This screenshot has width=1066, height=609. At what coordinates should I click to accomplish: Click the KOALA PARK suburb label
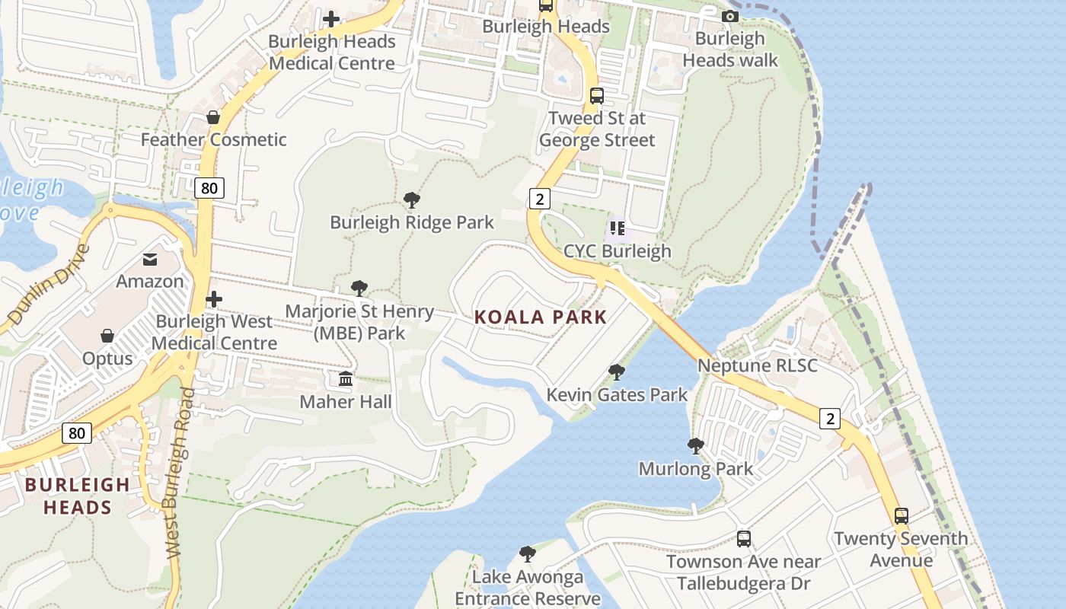pos(541,317)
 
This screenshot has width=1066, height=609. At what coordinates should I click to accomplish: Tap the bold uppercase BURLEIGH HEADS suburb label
pos(77,496)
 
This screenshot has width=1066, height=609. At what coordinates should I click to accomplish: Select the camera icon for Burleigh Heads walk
pos(730,16)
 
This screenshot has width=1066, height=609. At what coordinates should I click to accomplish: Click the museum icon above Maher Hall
pos(346,378)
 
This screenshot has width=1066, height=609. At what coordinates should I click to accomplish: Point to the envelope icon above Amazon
pos(150,260)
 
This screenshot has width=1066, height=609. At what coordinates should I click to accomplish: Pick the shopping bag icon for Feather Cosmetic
pos(213,117)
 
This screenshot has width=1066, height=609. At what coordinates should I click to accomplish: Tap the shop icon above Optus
pos(107,336)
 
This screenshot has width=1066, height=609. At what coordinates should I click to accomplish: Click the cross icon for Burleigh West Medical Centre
pos(214,299)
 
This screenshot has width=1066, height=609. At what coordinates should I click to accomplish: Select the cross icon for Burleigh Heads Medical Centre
pos(331,18)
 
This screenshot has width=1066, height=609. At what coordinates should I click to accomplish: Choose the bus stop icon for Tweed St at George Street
pos(597,96)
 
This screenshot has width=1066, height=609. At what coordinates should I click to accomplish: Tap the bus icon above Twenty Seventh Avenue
pos(902,515)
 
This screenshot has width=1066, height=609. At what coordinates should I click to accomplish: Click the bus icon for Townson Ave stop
pos(744,539)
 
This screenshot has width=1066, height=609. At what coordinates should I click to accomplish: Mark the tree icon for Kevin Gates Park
pos(617,372)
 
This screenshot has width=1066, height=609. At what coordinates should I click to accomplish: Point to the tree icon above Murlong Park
pos(695,445)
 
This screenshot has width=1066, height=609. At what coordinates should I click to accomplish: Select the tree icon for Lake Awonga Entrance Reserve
pos(527,553)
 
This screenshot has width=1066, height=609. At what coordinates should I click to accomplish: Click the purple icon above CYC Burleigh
pos(618,228)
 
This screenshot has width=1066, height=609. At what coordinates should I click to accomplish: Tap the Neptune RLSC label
pos(758,365)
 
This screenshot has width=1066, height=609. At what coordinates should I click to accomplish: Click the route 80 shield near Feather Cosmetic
pos(209,187)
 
